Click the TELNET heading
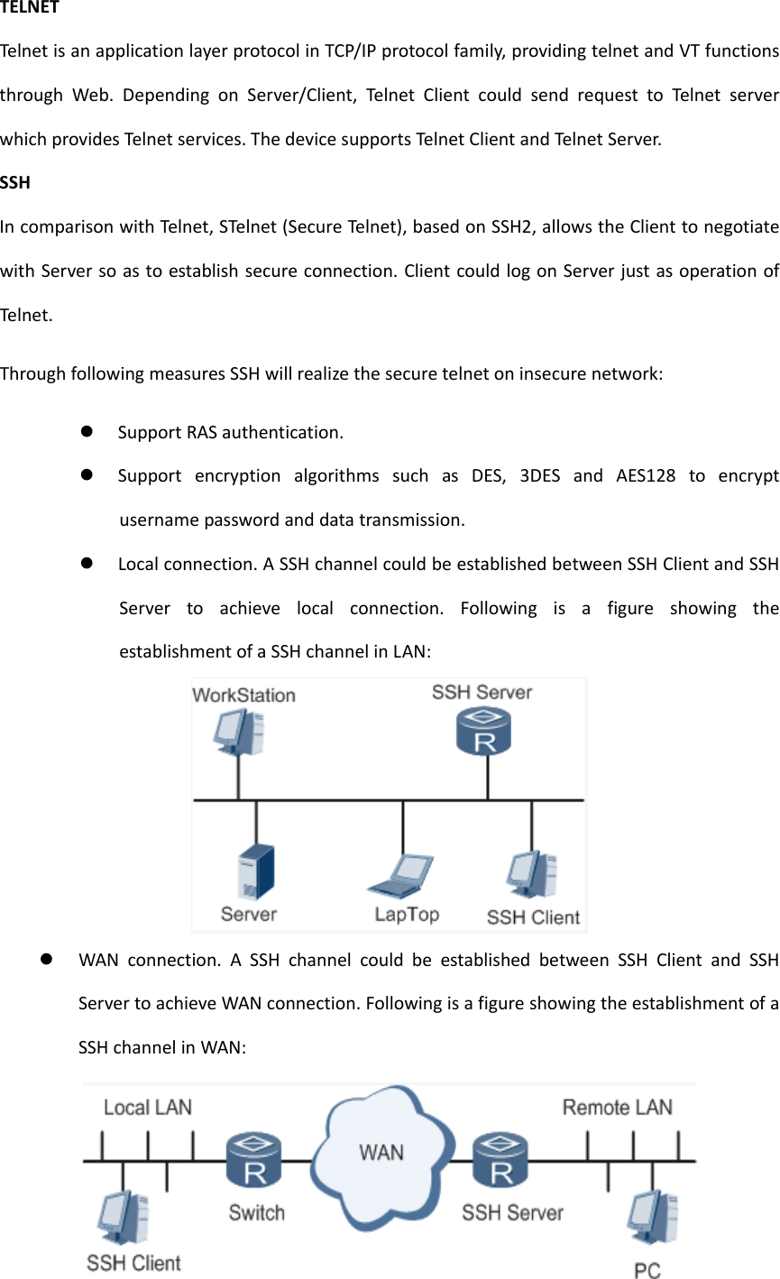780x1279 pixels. click(30, 8)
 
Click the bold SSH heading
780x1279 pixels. click(15, 182)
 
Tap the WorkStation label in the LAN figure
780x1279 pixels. click(243, 695)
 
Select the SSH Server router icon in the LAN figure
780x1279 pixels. click(484, 732)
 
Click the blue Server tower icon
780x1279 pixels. click(255, 871)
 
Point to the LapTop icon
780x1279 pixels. click(401, 876)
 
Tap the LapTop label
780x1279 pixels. click(407, 915)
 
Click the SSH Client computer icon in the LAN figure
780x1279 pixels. click(531, 876)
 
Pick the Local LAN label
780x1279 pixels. click(148, 1108)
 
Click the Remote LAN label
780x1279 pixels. click(618, 1108)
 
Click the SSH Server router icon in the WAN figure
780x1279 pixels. click(500, 1162)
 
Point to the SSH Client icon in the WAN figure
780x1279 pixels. click(124, 1218)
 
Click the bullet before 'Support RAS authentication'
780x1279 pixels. click(87, 431)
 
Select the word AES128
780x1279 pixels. click(646, 475)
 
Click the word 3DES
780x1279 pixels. click(540, 475)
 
